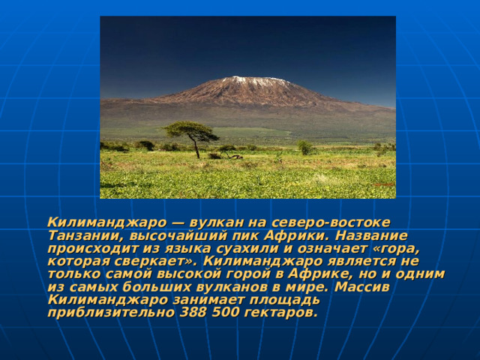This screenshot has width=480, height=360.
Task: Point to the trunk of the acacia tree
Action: pyautogui.click(x=196, y=149)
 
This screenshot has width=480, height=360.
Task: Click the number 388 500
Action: pyautogui.click(x=211, y=313)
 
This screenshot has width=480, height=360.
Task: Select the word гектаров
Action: pyautogui.click(x=281, y=313)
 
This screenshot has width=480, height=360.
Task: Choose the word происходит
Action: pyautogui.click(x=91, y=249)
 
